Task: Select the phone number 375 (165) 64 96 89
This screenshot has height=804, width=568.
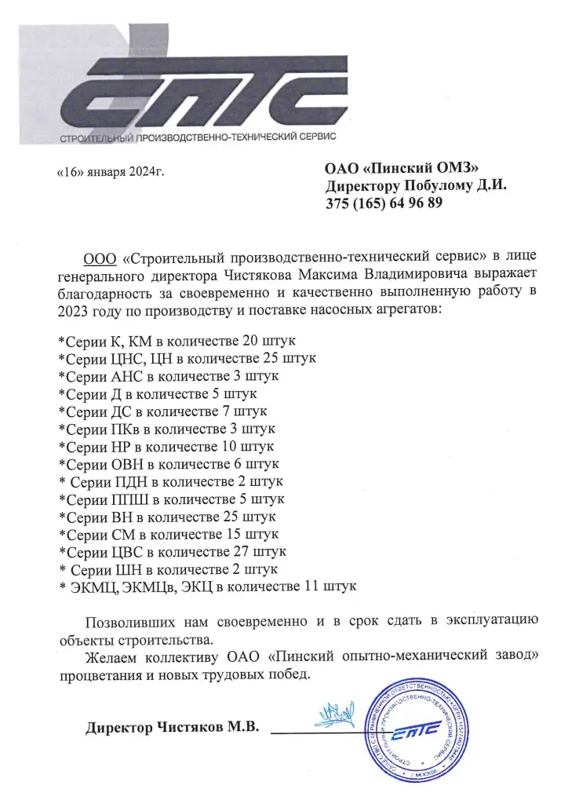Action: pyautogui.click(x=384, y=203)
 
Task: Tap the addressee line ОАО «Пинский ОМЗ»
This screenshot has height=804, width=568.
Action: pyautogui.click(x=401, y=166)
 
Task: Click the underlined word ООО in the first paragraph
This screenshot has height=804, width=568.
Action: pyautogui.click(x=100, y=258)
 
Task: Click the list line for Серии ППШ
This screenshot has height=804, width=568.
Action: pyautogui.click(x=172, y=499)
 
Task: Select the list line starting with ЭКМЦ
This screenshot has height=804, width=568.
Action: pyautogui.click(x=208, y=586)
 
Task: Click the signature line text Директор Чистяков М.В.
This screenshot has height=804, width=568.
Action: pyautogui.click(x=172, y=727)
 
